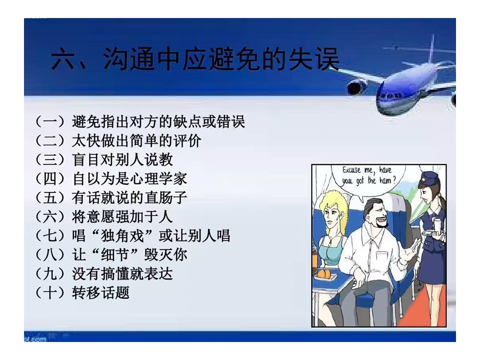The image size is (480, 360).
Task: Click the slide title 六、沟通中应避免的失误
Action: pyautogui.click(x=195, y=59)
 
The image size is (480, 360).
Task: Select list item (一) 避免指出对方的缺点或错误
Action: pyautogui.click(x=140, y=121)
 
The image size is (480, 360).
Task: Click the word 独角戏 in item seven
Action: pyautogui.click(x=122, y=235)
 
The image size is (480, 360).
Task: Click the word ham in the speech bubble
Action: pyautogui.click(x=385, y=180)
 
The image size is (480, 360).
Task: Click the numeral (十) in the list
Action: pyautogui.click(x=50, y=292)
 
